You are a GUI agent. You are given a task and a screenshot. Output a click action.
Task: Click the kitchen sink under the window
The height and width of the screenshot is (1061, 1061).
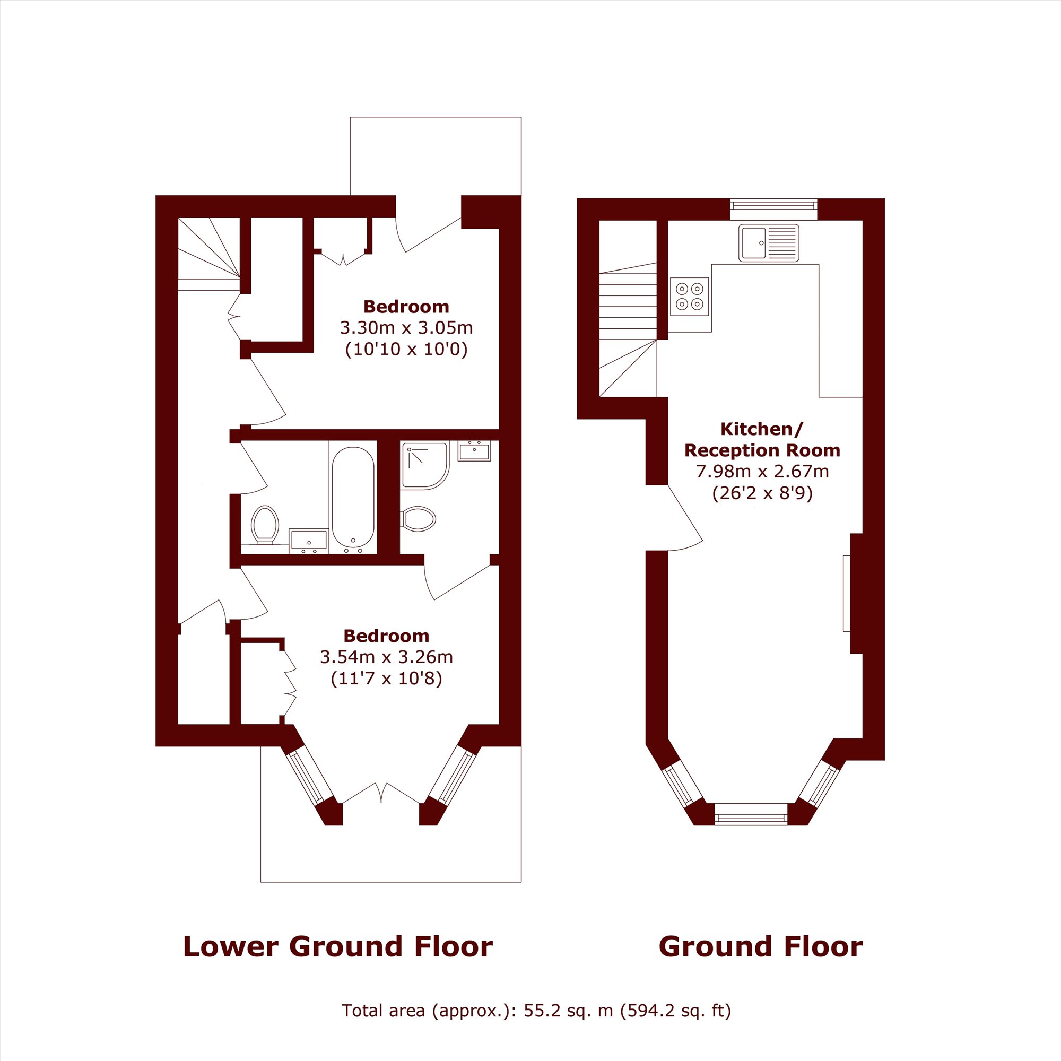tap(768, 243)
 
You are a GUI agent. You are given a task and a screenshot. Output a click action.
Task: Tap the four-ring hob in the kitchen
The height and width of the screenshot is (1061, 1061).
tap(690, 296)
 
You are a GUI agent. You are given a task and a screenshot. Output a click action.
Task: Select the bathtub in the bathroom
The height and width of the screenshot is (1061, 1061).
tap(353, 500)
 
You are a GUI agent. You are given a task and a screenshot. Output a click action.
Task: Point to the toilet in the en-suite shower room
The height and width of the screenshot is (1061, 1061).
tap(418, 518)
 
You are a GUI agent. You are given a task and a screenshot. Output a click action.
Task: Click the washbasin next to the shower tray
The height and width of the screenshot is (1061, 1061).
tap(474, 451)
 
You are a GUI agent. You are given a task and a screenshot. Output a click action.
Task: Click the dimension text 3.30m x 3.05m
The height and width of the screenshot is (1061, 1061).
tap(406, 328)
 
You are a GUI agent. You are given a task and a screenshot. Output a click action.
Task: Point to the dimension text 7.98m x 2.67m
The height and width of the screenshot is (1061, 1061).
tap(762, 471)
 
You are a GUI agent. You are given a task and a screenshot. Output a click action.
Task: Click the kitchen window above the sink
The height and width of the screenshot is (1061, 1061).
tap(774, 205)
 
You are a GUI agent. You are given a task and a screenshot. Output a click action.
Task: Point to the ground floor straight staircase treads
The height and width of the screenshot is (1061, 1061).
tap(628, 301)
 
